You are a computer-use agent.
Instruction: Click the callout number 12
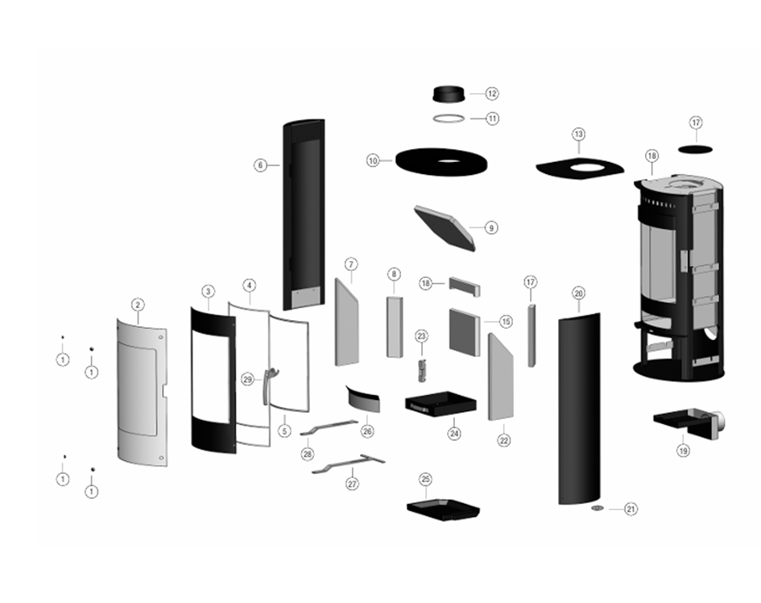point(492,94)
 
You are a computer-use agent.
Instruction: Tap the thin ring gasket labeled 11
point(449,119)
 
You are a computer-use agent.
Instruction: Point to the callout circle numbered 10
point(372,161)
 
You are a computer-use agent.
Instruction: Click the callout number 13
point(577,133)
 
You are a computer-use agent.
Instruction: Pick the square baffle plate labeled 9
point(444,226)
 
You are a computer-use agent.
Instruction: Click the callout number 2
point(138,305)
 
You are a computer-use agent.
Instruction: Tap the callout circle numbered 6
point(260,165)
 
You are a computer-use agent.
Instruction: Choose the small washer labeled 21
point(598,509)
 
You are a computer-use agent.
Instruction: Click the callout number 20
point(578,293)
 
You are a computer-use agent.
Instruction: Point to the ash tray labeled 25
point(442,509)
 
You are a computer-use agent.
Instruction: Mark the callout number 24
point(454,433)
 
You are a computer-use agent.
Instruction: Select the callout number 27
point(351,484)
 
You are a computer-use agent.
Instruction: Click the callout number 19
point(683,451)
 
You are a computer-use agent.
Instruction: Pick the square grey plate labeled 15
point(465,331)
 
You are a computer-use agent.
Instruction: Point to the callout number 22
point(504,440)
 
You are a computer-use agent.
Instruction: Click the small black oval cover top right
point(695,148)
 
